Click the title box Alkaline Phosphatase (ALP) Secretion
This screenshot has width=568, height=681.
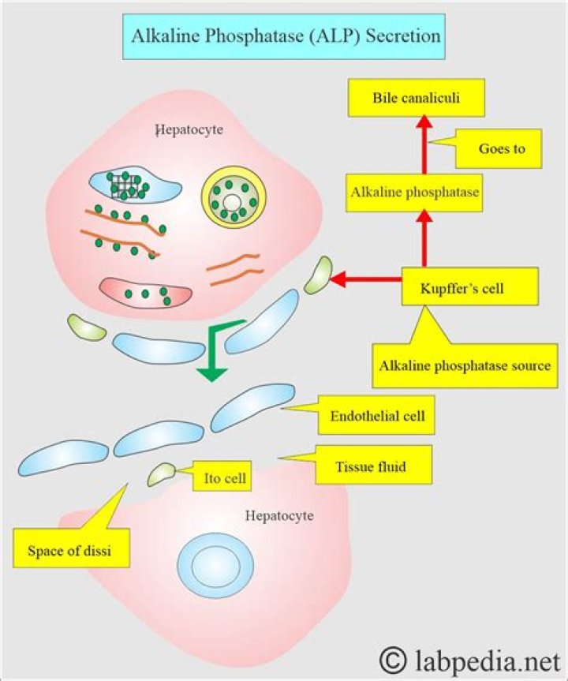[287, 37]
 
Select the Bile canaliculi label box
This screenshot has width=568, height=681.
[416, 99]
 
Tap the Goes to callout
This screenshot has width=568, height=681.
[502, 148]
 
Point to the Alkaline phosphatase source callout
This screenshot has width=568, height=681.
[465, 366]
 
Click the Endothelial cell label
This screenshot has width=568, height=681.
[377, 416]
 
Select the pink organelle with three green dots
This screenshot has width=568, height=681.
[145, 293]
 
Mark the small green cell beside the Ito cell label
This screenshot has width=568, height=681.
[163, 474]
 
